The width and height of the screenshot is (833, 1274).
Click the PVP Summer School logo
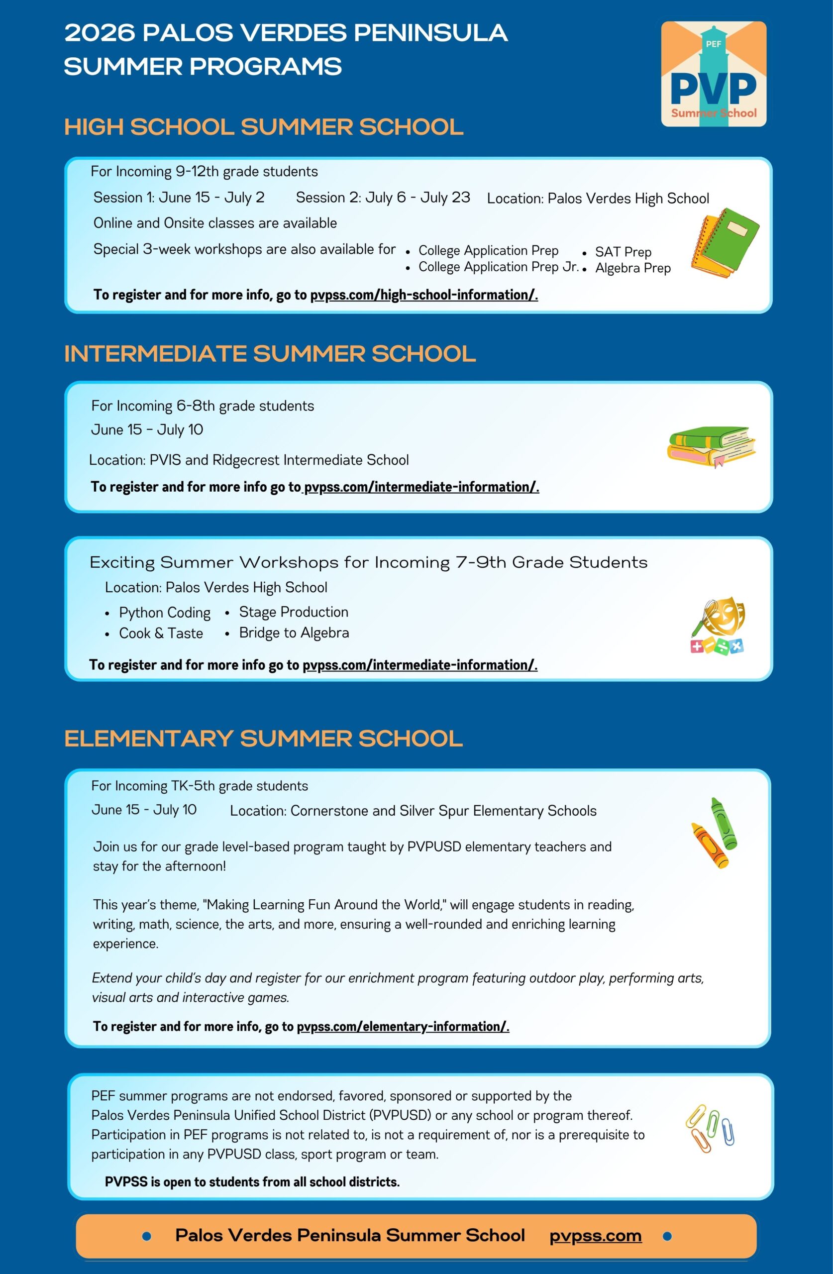tap(713, 74)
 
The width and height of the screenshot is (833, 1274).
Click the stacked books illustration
tap(711, 445)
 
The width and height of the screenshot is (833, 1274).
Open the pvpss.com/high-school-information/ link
tap(423, 295)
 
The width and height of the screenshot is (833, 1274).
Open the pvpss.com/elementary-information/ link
tap(403, 1026)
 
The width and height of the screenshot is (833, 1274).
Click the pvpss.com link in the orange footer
tap(595, 1236)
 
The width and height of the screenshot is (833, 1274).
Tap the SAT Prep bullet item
tap(623, 252)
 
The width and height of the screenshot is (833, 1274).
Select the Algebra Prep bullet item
tap(632, 268)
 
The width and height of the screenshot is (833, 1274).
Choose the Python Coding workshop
tap(164, 613)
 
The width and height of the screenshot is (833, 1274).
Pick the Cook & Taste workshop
tap(161, 633)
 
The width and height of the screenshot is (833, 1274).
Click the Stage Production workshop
tap(294, 612)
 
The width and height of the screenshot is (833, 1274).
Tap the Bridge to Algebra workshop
tap(294, 633)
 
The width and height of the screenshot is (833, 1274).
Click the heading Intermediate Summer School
tap(270, 354)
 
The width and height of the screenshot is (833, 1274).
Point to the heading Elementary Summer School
tap(263, 739)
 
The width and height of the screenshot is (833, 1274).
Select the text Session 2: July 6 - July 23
tap(383, 198)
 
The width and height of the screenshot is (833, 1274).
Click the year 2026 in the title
tap(100, 33)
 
